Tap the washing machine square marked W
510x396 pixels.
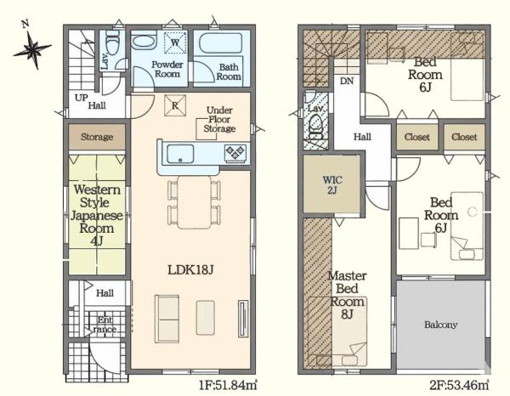click(x=175, y=42)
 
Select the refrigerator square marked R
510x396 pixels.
click(x=175, y=105)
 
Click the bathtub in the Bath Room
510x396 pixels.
click(x=220, y=42)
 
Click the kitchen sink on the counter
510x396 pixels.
click(x=180, y=154)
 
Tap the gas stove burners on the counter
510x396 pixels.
click(x=235, y=153)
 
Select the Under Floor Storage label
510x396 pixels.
click(x=219, y=119)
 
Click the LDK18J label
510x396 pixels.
click(x=190, y=269)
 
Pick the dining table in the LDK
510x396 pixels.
click(x=195, y=202)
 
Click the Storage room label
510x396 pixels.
click(x=97, y=137)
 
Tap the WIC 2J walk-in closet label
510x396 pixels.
click(x=332, y=184)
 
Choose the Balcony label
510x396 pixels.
click(x=440, y=325)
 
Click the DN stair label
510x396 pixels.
click(x=347, y=81)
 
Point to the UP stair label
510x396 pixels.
click(x=81, y=97)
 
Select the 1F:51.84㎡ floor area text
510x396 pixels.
click(x=228, y=386)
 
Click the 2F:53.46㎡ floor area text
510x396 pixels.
click(x=459, y=386)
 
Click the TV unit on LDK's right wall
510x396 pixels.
click(x=243, y=319)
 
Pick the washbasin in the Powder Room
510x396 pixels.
click(x=144, y=42)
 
